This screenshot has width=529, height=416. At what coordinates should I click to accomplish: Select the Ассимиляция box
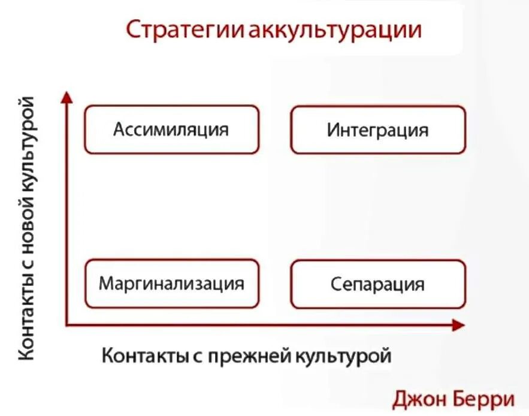coord(171,129)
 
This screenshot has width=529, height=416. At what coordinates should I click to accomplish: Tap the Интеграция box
coord(377,130)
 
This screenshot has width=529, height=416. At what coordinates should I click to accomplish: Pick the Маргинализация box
coord(171,283)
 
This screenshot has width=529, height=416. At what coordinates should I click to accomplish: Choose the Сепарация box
coord(377,284)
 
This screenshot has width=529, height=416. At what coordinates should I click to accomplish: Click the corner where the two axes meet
coord(68,325)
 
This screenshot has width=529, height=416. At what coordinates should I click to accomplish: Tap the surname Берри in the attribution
coord(485,398)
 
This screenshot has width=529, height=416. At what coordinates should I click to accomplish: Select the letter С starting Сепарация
coord(335,284)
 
